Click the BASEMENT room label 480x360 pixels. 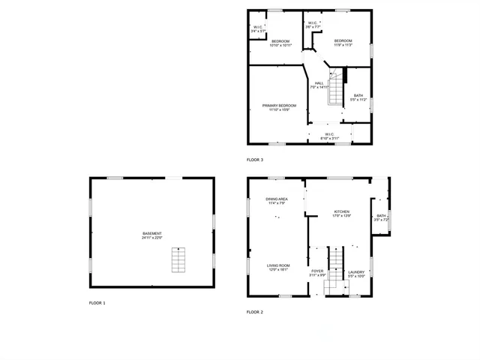[x=152, y=233]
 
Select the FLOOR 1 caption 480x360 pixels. [x=97, y=303]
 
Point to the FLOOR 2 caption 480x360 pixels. [x=255, y=311]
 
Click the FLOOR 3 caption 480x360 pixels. [x=255, y=160]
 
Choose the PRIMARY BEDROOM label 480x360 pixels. [x=279, y=106]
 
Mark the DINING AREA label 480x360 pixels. [x=276, y=199]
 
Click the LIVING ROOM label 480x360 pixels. [x=278, y=265]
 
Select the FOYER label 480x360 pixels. [x=318, y=271]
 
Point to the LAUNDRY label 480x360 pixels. [x=356, y=271]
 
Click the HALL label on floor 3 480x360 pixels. [x=319, y=83]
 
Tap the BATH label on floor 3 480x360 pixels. [x=358, y=95]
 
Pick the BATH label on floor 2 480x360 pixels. [x=381, y=216]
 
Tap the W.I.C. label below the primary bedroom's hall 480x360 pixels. [x=329, y=134]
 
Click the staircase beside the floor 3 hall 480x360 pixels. [x=337, y=91]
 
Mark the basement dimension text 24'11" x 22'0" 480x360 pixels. [x=152, y=238]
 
